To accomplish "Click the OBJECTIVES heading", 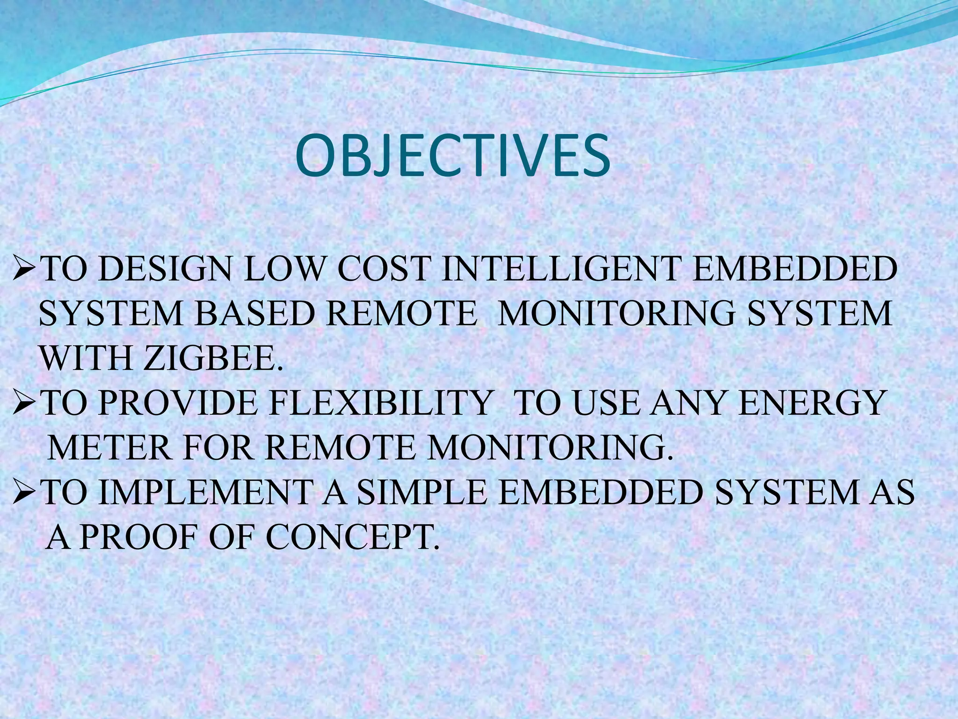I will click(453, 156).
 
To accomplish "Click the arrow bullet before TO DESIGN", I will click(23, 271).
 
